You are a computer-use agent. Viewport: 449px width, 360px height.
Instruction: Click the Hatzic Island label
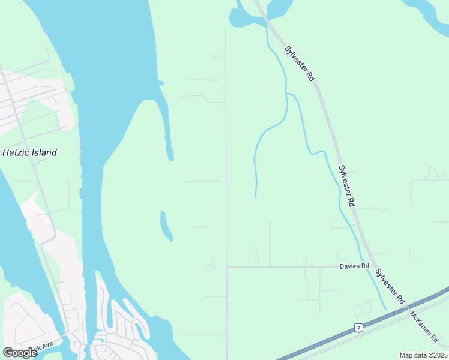point(29,152)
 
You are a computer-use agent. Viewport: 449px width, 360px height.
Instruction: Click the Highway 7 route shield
point(358,328)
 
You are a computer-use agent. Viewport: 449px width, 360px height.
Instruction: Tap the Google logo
point(20,353)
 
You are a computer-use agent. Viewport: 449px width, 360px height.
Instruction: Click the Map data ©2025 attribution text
point(423,355)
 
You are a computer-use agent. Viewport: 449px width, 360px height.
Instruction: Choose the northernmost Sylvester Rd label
point(300,64)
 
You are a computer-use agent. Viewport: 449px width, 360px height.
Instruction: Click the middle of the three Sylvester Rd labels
point(347,186)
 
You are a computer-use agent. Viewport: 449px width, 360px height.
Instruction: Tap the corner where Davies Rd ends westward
point(227,267)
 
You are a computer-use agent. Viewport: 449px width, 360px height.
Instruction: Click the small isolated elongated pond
point(166,226)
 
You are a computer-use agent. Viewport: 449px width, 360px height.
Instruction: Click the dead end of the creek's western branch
point(256,197)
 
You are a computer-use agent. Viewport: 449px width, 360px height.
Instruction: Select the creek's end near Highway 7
point(385,309)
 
